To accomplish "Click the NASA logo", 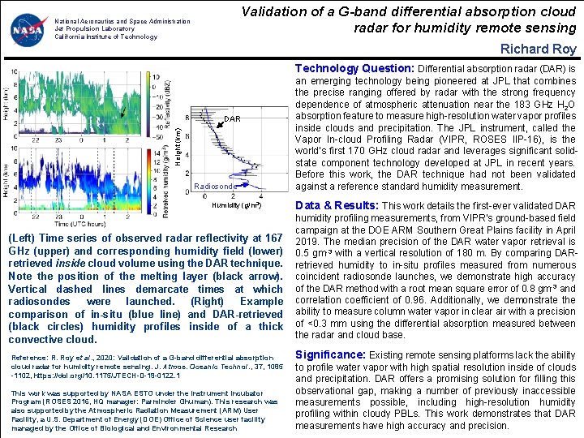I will [x=28, y=30].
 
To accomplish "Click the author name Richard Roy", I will [x=539, y=49].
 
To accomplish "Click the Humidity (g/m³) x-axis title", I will [x=237, y=205].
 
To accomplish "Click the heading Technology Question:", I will [x=354, y=69].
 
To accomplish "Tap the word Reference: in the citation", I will [x=28, y=358].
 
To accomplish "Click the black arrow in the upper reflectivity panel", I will [x=121, y=113].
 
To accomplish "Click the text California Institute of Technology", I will [x=105, y=36].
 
